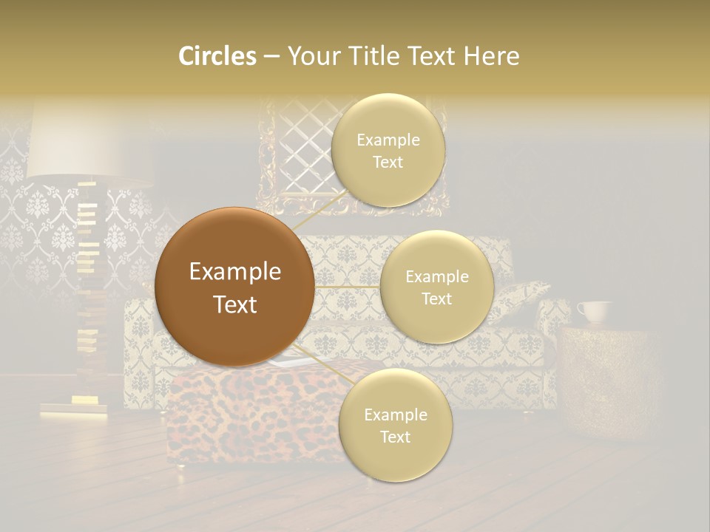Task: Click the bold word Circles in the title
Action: tap(217, 56)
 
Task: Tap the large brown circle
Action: tap(234, 287)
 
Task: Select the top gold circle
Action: tap(388, 150)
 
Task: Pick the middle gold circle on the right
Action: tap(436, 287)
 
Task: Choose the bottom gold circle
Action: tap(395, 425)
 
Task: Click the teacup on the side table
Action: tap(594, 312)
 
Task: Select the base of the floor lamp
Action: tap(74, 409)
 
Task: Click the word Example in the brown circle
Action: tap(234, 272)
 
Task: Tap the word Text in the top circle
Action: tap(388, 162)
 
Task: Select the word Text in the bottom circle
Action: tap(395, 437)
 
